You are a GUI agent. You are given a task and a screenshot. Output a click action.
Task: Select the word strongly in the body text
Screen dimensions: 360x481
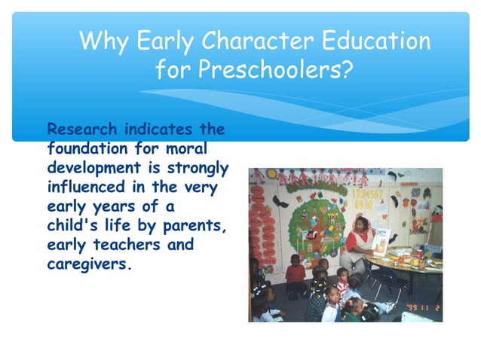pyautogui.click(x=198, y=167)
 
